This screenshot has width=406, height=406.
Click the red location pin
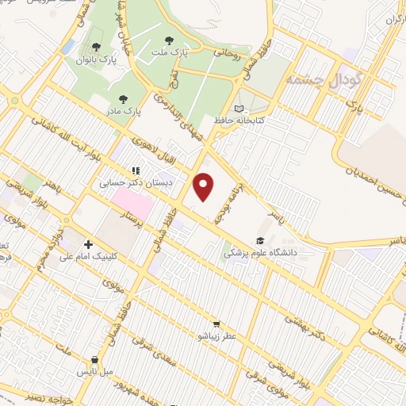point(205,186)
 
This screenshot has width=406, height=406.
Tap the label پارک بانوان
point(96,59)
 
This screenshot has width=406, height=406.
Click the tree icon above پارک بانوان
point(96,47)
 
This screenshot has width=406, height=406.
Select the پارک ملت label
point(168,52)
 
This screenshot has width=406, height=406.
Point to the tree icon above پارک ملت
point(168,40)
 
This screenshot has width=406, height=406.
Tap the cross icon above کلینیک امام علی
point(88,244)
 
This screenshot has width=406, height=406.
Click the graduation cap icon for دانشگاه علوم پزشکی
point(259,240)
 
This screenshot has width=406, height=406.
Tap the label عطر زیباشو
point(217,335)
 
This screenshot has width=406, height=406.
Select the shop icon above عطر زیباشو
point(216,324)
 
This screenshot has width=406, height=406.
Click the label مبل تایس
point(95,370)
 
